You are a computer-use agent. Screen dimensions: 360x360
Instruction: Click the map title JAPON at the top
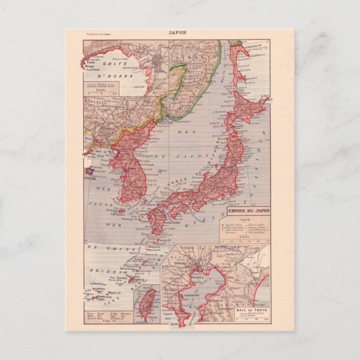pyautogui.click(x=179, y=32)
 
